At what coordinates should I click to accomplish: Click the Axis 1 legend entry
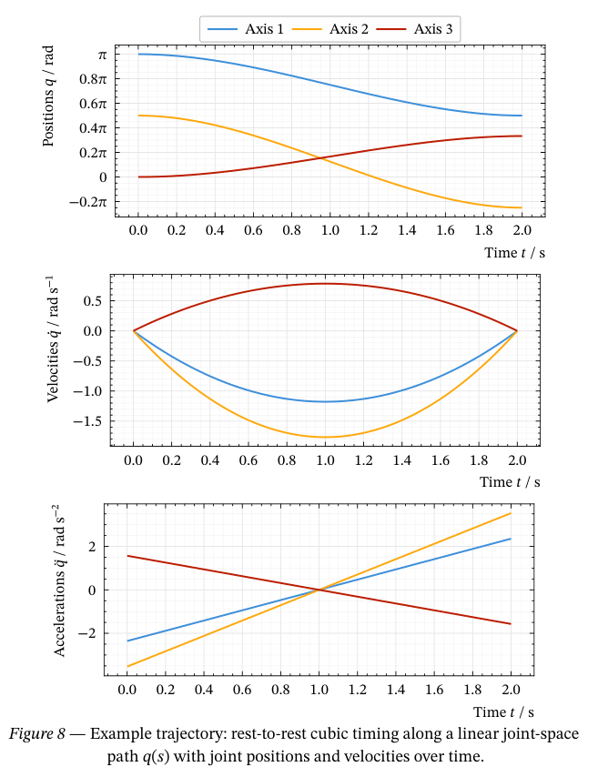click(246, 29)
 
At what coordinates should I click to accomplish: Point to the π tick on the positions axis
click(102, 55)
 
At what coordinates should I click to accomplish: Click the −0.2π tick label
click(89, 202)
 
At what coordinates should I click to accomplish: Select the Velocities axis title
click(53, 346)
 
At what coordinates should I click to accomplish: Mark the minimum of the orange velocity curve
click(326, 438)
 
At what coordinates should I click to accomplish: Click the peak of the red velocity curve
click(326, 283)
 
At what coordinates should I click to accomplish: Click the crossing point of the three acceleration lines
click(319, 590)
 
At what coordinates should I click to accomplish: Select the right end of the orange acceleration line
click(511, 513)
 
